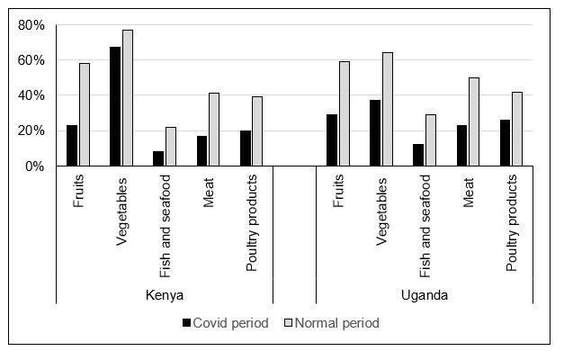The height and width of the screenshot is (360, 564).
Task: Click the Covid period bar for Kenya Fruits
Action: (x=72, y=146)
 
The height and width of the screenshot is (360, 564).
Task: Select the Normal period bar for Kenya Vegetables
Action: (x=128, y=98)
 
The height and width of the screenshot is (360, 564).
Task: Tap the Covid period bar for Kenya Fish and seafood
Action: (x=159, y=158)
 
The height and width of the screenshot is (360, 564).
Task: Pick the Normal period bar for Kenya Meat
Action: (x=214, y=130)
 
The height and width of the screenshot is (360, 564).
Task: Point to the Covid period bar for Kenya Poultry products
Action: (x=246, y=148)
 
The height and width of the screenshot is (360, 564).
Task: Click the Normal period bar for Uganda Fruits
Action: (x=344, y=113)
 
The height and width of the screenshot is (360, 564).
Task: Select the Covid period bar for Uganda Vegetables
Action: (x=375, y=133)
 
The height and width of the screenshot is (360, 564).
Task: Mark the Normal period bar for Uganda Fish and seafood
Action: (x=430, y=140)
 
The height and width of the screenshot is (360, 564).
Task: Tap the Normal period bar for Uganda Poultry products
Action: (x=517, y=129)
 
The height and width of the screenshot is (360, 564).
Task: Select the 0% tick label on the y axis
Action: (x=34, y=166)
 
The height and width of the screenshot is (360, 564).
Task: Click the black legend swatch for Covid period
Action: (x=187, y=323)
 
